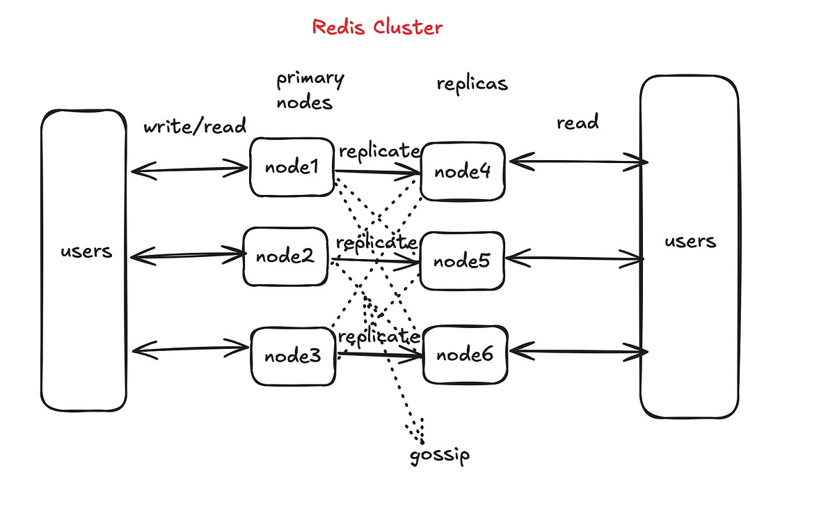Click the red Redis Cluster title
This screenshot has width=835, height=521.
tap(377, 27)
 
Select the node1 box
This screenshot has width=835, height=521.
tap(292, 167)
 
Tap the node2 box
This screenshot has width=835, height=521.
tap(285, 256)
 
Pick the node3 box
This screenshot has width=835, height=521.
tap(292, 356)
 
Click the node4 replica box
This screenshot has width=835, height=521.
tap(463, 171)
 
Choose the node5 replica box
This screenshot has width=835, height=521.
tap(461, 261)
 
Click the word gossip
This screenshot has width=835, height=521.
tap(439, 456)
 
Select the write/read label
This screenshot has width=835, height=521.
tap(195, 126)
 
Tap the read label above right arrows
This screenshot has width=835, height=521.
tap(577, 123)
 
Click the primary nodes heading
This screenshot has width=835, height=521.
tap(310, 91)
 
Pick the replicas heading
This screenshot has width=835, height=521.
tap(472, 84)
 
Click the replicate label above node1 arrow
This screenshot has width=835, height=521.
tap(379, 151)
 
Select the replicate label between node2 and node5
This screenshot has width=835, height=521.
tap(376, 243)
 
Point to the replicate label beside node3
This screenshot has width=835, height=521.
tap(379, 336)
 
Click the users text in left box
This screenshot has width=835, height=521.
tap(86, 251)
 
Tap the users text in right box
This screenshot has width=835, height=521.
tap(690, 241)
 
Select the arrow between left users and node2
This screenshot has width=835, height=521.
tap(186, 256)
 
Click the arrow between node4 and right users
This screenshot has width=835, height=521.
tap(577, 162)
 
